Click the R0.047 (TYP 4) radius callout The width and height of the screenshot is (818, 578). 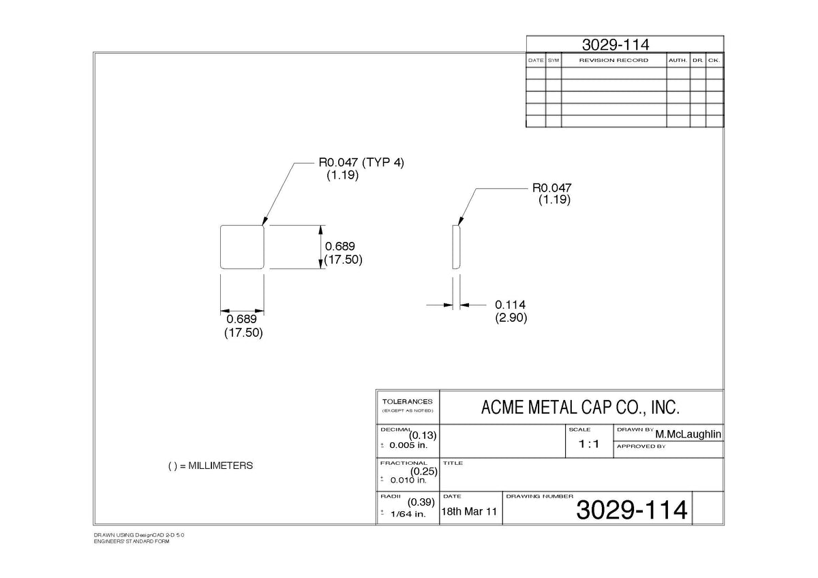[361, 162]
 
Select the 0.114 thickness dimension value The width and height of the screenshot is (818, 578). [510, 305]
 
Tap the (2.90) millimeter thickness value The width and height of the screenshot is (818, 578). [511, 318]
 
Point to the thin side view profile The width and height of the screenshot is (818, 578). [456, 247]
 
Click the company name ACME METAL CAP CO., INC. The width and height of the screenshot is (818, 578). [580, 408]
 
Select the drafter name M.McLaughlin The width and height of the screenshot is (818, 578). [688, 434]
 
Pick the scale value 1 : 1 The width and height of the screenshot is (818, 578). [589, 444]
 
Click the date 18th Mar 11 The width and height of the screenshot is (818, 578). [469, 512]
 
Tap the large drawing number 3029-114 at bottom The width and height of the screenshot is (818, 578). [632, 510]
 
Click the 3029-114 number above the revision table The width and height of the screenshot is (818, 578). [616, 45]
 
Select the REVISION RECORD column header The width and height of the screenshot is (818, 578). [613, 60]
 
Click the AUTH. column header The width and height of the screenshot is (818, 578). [678, 60]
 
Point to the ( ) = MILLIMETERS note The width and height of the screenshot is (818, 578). [211, 466]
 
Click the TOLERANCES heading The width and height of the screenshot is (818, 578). [407, 401]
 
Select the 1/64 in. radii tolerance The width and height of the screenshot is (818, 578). [408, 514]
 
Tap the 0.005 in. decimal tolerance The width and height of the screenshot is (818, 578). [408, 445]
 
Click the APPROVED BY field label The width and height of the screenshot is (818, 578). [641, 446]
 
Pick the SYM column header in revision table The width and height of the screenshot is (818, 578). [554, 60]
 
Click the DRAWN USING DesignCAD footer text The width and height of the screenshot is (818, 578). [139, 535]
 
